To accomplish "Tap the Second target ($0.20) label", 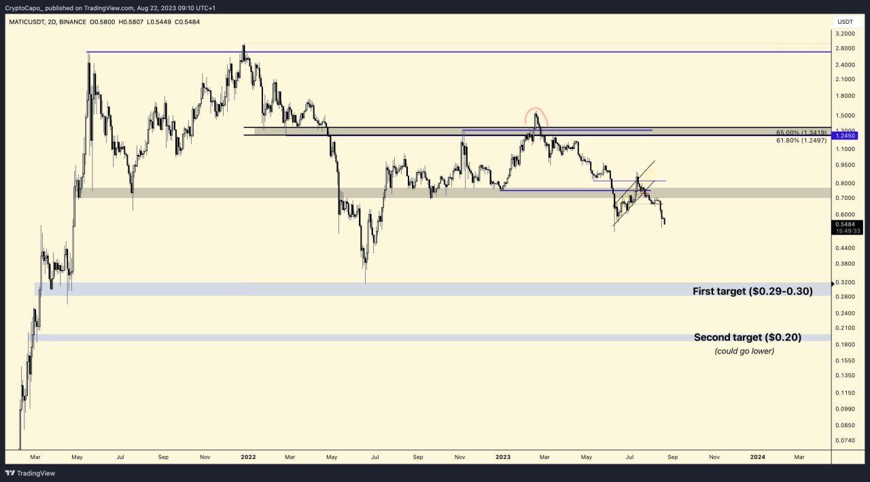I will [x=747, y=337].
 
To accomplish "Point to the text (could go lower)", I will [x=744, y=351].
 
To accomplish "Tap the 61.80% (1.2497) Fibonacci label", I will [x=801, y=140].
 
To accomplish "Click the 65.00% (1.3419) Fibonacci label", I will [x=801, y=132].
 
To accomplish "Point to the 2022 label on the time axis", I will [x=247, y=457].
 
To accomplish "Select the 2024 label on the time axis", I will [x=758, y=457].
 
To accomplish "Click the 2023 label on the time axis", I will [x=502, y=457].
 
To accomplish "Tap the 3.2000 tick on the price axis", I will [x=846, y=33].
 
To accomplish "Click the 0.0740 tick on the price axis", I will [x=846, y=440].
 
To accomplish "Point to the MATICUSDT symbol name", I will [x=27, y=22].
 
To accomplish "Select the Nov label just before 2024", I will [x=714, y=457].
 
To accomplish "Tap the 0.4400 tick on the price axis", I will [x=846, y=249].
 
